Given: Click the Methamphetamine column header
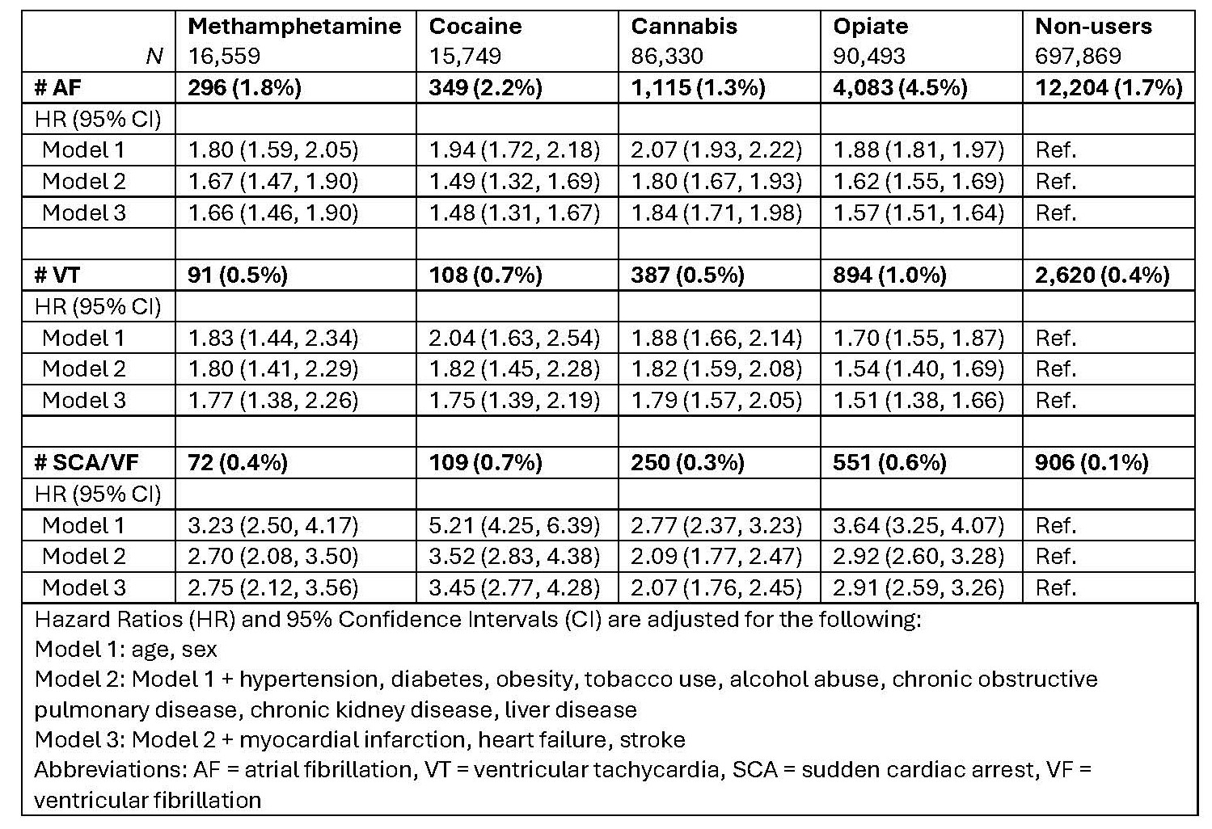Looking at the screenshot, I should pos(294,26).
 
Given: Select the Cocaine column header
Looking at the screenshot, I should pos(475,26).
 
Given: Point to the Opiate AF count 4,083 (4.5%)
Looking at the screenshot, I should pos(900,87).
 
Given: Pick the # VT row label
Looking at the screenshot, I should pos(58,276).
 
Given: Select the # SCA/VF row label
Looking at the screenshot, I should pos(87,463).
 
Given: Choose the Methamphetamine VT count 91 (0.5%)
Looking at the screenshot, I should pos(238,276).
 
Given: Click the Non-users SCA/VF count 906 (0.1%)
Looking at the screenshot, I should pos(1092,463).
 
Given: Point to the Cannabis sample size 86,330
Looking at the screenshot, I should pos(667,57).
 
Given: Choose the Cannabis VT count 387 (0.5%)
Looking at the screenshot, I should pos(687,276).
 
